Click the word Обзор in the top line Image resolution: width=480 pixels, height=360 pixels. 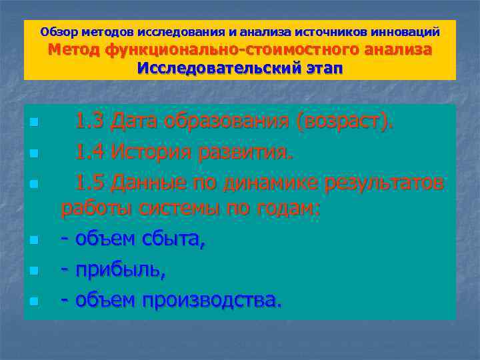pos(57,31)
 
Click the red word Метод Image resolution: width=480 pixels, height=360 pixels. pos(73,50)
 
